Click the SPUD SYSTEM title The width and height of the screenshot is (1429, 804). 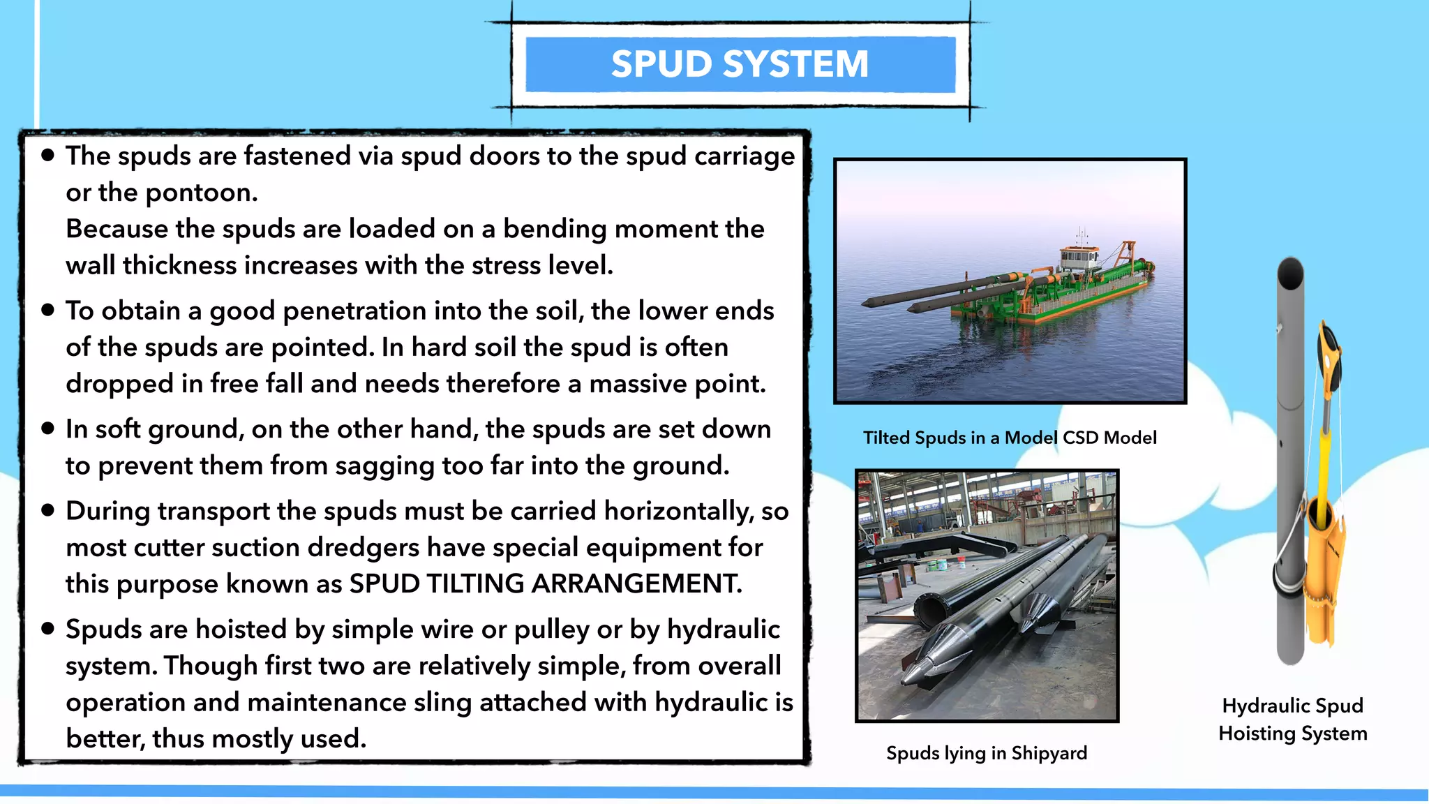coord(740,64)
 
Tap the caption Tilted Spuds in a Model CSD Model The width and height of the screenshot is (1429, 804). coord(1010,438)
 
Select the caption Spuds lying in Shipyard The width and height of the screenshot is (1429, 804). coord(987,753)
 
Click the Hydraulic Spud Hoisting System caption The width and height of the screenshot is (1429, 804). coord(1292,720)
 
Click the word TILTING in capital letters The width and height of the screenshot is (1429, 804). coord(475,583)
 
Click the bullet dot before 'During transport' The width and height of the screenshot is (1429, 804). coord(48,511)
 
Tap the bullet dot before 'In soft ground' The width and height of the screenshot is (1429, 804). coord(48,429)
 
